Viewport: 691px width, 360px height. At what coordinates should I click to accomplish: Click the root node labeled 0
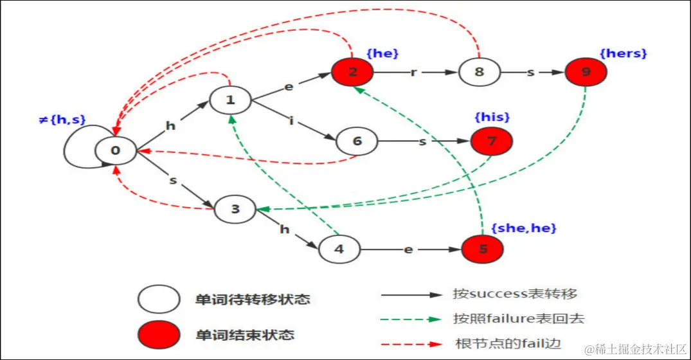point(116,150)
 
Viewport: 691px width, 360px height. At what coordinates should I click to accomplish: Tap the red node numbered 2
point(352,72)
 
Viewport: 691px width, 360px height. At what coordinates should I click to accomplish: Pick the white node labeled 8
point(479,72)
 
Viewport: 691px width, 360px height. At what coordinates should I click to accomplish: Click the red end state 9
point(586,72)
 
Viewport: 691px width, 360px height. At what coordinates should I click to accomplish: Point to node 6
point(357,141)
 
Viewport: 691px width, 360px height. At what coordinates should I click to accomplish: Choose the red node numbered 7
point(492,141)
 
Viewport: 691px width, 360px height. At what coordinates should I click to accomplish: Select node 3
point(235,209)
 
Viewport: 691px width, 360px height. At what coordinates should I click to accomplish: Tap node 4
point(339,249)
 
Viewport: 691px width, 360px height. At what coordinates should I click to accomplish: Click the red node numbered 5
point(483,249)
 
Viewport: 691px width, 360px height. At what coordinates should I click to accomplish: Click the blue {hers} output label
point(623,53)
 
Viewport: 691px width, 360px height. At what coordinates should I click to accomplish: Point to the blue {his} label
point(492,117)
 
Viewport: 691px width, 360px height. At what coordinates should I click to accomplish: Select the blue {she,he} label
point(523,228)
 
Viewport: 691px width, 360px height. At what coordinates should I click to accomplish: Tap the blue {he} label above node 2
point(382,53)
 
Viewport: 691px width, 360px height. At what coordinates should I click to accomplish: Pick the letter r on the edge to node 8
point(414,71)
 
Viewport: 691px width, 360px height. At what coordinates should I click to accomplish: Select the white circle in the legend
point(158,300)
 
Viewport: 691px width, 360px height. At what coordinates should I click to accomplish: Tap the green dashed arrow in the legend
point(411,318)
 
